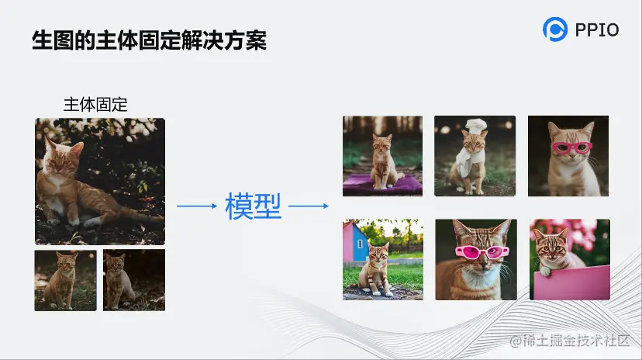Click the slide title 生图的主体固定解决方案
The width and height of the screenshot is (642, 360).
point(150,40)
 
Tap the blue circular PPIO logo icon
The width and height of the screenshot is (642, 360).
point(555,29)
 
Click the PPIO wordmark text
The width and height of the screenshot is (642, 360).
point(597,30)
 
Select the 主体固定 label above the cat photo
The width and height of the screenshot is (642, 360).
point(95,105)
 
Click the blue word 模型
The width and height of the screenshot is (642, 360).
point(253,206)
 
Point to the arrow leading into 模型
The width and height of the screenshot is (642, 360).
point(196,206)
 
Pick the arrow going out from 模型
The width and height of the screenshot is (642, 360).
point(309,206)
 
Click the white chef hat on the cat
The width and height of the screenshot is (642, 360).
point(476,126)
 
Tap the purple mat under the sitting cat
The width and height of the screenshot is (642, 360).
point(382,184)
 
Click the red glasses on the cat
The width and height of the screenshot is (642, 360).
point(572,147)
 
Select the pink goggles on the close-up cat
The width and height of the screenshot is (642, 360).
point(482,252)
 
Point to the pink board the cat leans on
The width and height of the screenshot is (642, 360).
point(571,282)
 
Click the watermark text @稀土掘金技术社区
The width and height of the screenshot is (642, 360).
point(570,341)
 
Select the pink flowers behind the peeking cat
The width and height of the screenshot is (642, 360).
point(582,233)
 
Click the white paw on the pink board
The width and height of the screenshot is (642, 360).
point(545,271)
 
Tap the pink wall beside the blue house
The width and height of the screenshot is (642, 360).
point(347,241)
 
